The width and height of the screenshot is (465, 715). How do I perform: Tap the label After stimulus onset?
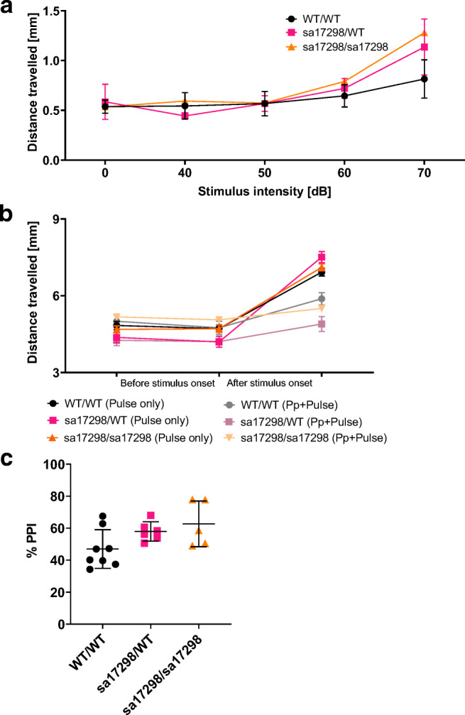270,382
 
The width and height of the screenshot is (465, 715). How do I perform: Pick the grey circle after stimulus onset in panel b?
322,299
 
